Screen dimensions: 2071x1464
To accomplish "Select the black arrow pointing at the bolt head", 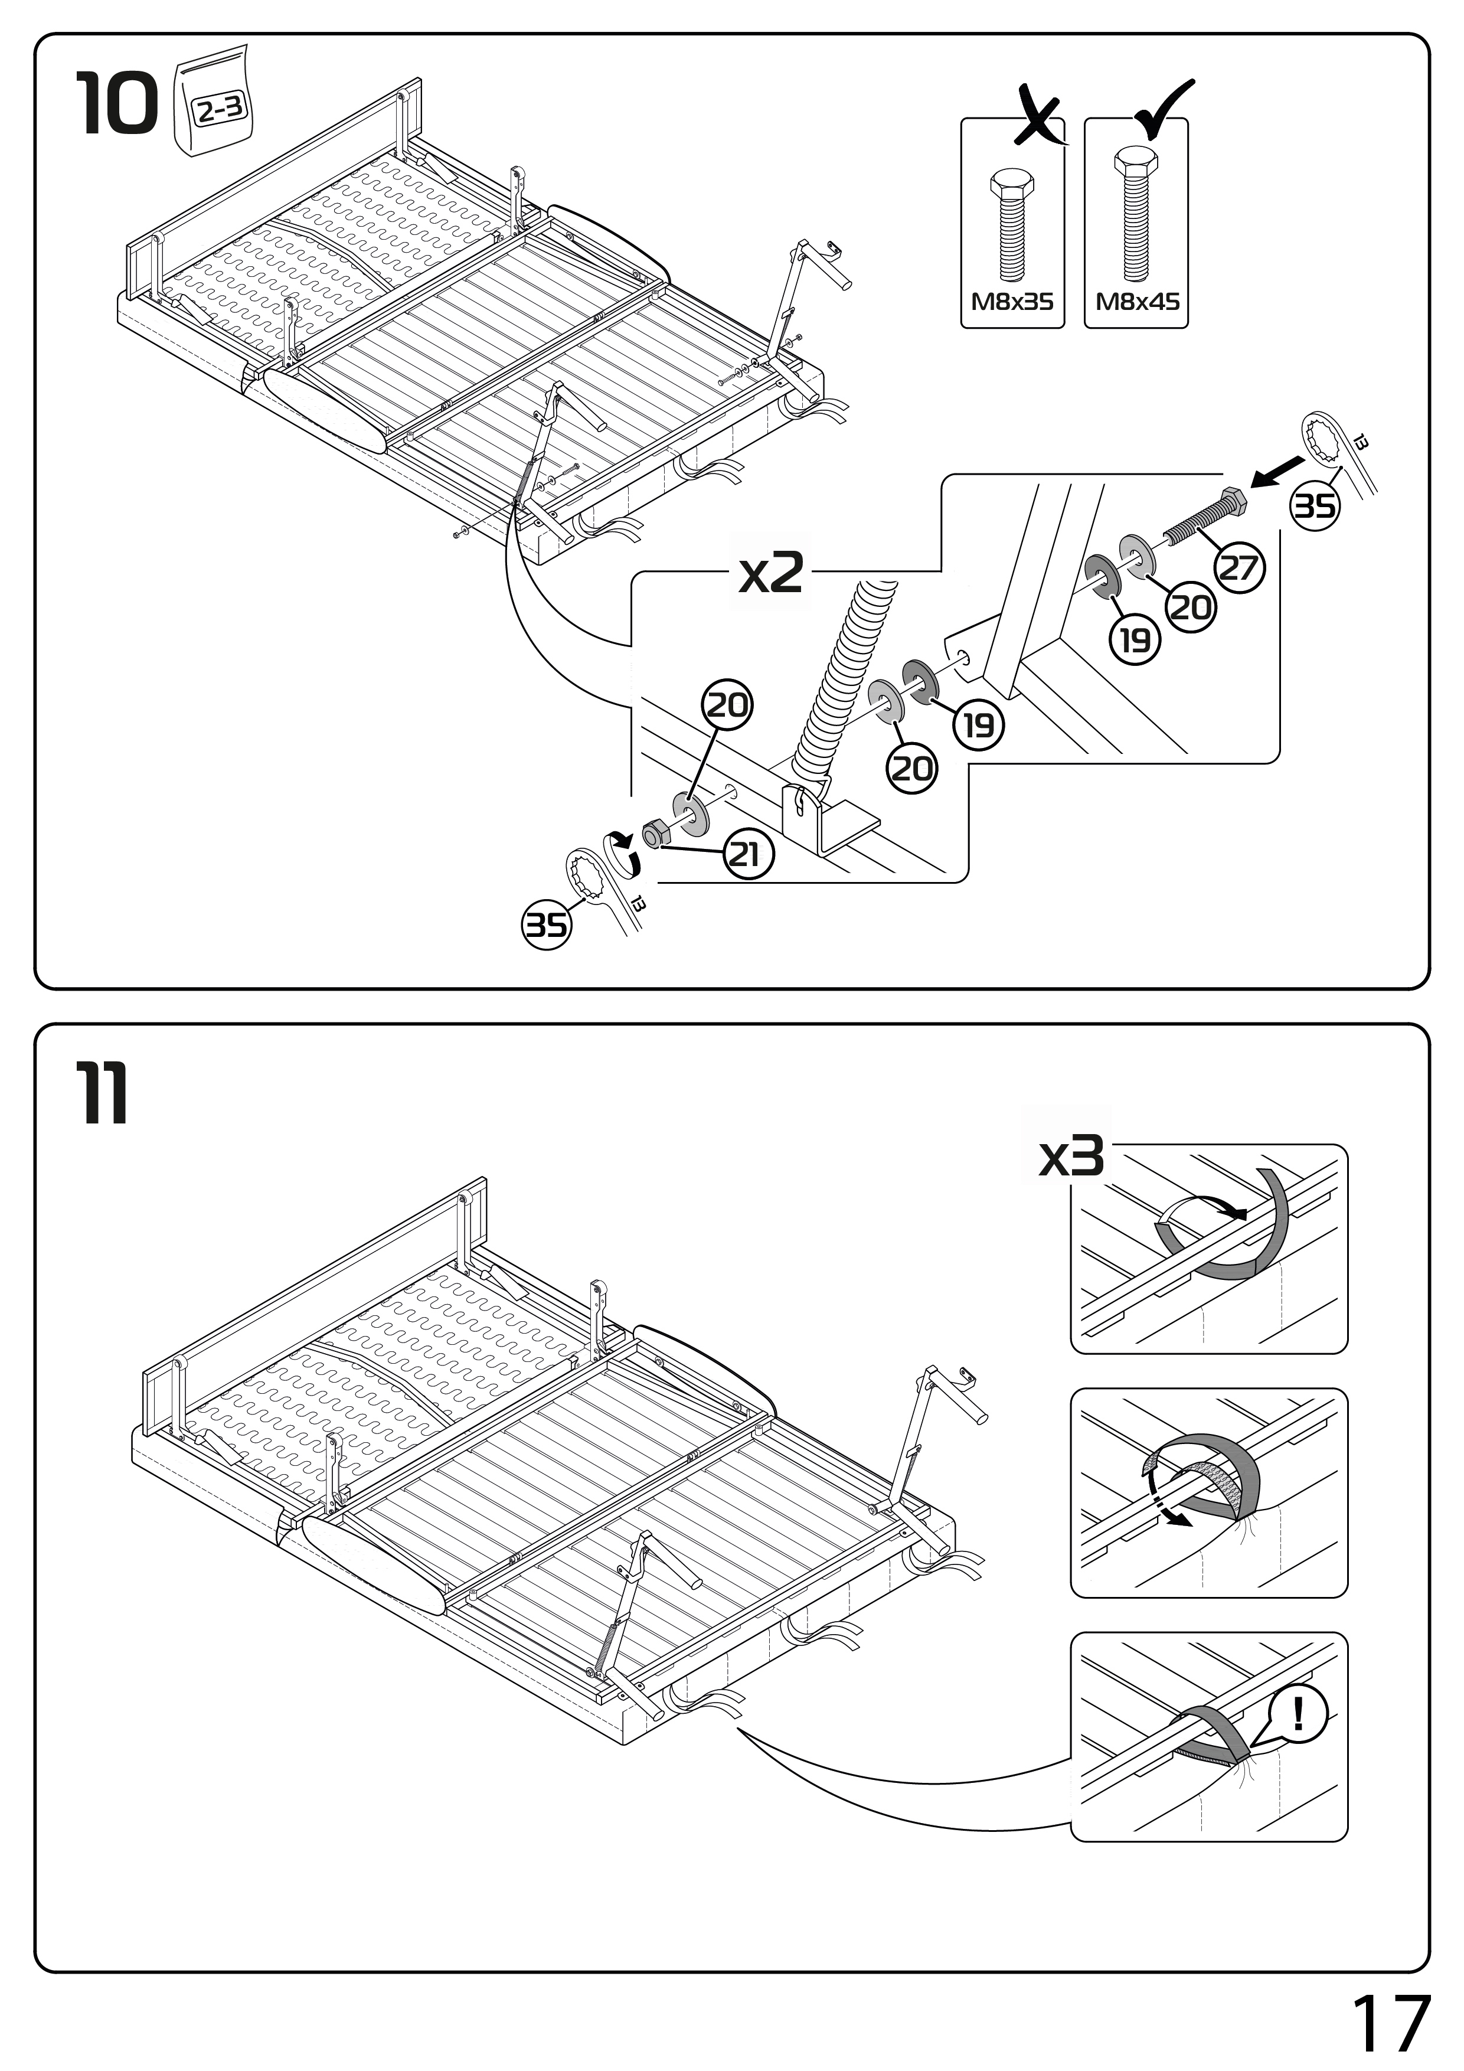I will coord(1276,472).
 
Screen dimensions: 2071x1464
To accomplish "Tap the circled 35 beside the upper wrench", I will coord(1314,506).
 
